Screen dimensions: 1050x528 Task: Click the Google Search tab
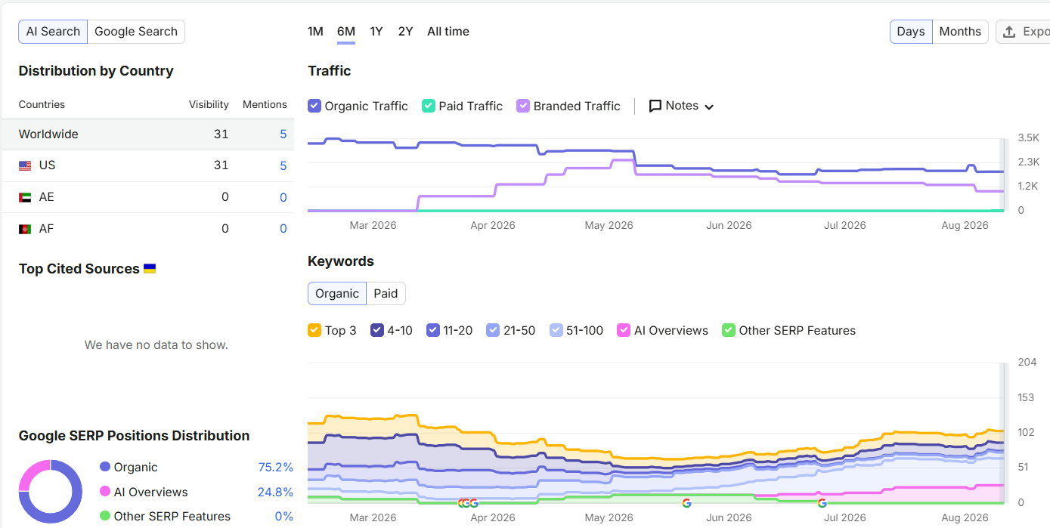[136, 32]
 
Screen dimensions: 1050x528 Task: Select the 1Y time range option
[376, 32]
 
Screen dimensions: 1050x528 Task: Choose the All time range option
[448, 32]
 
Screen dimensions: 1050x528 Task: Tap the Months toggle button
[960, 32]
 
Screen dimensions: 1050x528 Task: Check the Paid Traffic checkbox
[429, 106]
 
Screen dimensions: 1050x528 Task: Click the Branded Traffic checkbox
[523, 106]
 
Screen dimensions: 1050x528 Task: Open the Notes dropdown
[681, 106]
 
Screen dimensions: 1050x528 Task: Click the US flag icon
[25, 165]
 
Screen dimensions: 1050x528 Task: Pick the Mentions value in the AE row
[283, 197]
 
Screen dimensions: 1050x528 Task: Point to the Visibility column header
[209, 104]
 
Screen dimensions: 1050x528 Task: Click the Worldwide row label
[48, 134]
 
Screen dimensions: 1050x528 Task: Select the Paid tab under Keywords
[386, 293]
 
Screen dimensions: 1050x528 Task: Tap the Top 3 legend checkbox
[314, 330]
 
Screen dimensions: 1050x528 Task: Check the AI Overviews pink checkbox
[624, 330]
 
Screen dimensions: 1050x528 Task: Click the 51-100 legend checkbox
[556, 330]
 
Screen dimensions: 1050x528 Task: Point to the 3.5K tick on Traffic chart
[1028, 137]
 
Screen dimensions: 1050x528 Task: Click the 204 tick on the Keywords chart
[1027, 362]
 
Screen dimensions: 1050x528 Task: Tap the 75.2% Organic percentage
[275, 467]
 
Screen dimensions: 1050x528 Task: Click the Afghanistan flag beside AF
[25, 229]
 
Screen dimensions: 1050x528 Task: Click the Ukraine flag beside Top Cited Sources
[150, 268]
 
